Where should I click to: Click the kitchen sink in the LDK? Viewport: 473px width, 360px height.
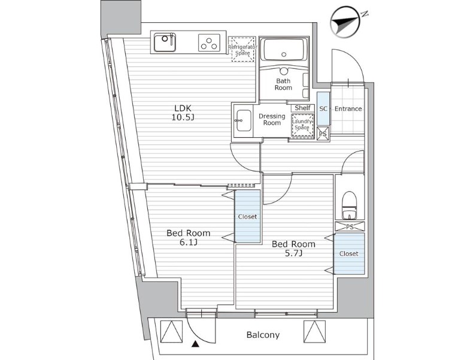click(x=165, y=43)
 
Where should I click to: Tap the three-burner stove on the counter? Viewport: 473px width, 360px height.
click(x=209, y=43)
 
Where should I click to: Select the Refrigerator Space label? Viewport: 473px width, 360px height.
click(x=242, y=50)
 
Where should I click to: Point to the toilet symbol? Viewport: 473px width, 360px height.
click(x=350, y=205)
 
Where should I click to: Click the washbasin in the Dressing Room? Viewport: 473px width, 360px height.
click(x=244, y=120)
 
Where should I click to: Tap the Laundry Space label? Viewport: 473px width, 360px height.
click(x=302, y=125)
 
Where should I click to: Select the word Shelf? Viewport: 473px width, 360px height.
click(x=302, y=108)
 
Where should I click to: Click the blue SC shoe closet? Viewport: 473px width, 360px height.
click(x=323, y=108)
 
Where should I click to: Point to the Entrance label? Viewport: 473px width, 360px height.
click(x=348, y=108)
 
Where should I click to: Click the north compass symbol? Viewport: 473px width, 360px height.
click(x=345, y=23)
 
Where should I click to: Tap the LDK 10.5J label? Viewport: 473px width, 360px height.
click(x=183, y=113)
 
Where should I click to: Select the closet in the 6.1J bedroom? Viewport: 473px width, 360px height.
click(x=247, y=216)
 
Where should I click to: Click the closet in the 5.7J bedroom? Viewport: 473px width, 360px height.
click(x=349, y=253)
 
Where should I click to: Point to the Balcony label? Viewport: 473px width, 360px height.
click(x=263, y=335)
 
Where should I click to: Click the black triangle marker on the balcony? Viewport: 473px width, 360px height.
click(x=195, y=343)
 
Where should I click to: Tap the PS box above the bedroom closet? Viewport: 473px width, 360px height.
click(x=350, y=226)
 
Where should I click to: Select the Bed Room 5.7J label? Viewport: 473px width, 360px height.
click(x=293, y=249)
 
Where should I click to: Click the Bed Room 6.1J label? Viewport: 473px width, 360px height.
click(x=189, y=237)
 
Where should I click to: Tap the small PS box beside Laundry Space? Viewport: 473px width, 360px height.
click(x=323, y=133)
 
